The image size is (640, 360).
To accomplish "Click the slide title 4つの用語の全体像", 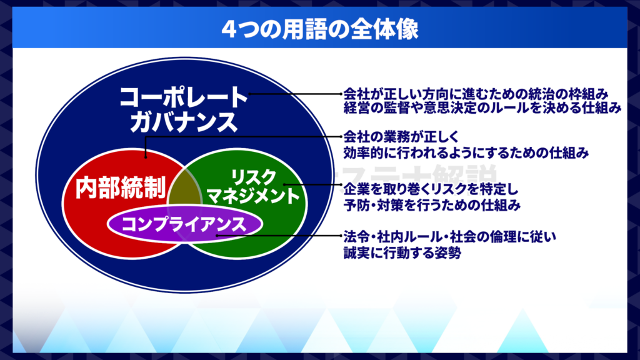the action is click(320, 29).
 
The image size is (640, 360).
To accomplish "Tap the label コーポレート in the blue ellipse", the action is click(183, 97).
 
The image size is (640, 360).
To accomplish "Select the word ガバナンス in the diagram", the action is click(183, 122).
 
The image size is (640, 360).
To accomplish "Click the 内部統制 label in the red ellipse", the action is click(121, 187).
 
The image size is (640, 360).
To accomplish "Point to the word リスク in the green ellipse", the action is click(254, 177).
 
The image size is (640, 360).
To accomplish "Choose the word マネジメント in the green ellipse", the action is click(254, 196).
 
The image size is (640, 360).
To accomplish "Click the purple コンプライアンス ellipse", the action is click(184, 224).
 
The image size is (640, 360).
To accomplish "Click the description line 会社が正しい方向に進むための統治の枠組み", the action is click(476, 94).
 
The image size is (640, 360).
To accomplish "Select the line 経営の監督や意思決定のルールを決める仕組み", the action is click(482, 107).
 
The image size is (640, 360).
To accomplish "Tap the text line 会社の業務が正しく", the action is click(402, 136).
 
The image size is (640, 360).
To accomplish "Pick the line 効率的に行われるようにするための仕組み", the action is click(466, 152).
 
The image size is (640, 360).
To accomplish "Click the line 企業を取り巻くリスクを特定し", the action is click(431, 189).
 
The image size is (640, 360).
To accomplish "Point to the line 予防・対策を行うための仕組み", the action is click(432, 205).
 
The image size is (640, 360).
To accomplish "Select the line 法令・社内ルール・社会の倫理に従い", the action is click(449, 237).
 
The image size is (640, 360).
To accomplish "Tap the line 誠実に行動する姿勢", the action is click(402, 252).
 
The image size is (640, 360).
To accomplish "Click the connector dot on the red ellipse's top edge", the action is click(146, 156).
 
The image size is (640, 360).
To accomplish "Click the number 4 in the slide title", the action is click(229, 30).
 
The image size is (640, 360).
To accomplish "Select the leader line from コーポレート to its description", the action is click(295, 94).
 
